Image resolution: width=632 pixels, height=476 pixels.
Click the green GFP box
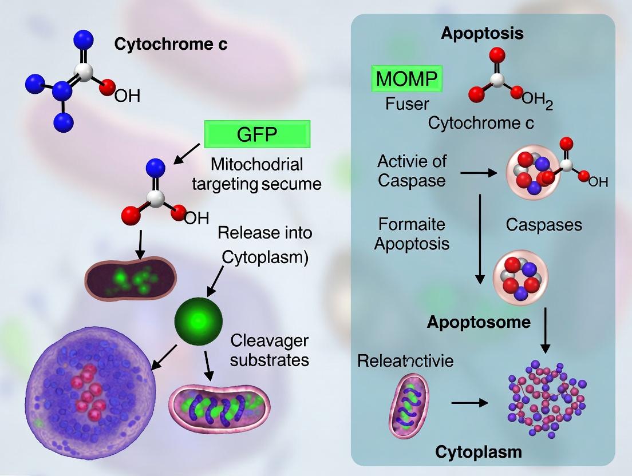[x=257, y=135]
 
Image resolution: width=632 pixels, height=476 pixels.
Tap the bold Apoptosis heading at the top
[x=482, y=33]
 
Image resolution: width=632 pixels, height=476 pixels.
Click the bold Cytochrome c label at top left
[x=171, y=44]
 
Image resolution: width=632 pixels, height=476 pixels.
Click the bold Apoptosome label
[x=479, y=322]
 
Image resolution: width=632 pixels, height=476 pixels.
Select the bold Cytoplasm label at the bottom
[x=479, y=452]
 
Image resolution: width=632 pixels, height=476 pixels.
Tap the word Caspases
[x=544, y=225]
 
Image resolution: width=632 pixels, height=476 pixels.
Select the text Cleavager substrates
[x=269, y=350]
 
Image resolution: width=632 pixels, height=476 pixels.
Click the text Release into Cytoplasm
[x=265, y=245]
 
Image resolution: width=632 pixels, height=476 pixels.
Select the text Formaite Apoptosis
[x=412, y=233]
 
